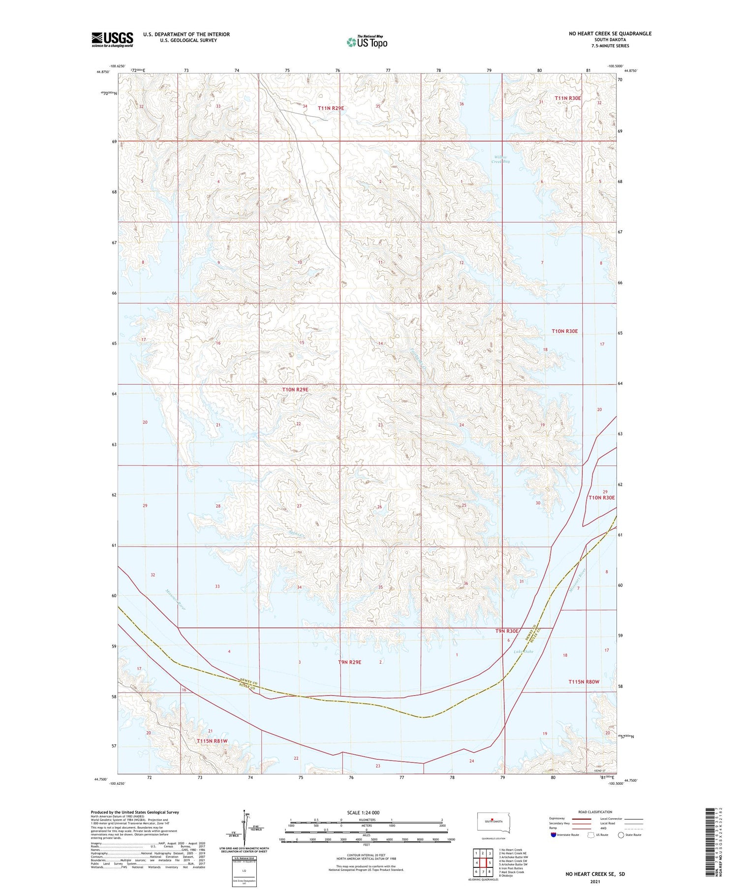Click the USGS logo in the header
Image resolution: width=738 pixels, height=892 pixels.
pos(112,39)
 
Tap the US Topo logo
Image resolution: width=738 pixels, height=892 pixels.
pos(367,42)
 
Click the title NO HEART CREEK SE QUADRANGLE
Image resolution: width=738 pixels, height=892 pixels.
pos(610,33)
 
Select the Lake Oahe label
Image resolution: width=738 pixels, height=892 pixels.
pos(523,652)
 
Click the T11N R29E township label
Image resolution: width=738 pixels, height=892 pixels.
pos(330,108)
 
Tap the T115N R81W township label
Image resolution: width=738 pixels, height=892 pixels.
pos(212,741)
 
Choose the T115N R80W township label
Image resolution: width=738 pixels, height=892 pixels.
pos(584,682)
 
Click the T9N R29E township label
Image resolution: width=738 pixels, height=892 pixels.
pos(349,662)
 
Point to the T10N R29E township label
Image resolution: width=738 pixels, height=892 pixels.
pos(295,390)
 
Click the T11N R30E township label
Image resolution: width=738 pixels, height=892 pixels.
pos(568,98)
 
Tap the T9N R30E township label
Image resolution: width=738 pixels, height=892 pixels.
pos(507,631)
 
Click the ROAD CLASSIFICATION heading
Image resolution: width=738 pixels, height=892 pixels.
pos(595,812)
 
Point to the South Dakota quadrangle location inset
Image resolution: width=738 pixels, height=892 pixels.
pos(494,822)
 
